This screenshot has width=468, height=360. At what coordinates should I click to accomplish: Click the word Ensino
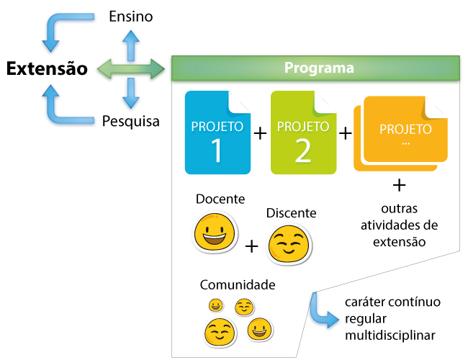[130, 17]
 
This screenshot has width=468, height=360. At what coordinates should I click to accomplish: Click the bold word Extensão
[47, 69]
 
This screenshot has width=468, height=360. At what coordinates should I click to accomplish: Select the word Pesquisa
[130, 120]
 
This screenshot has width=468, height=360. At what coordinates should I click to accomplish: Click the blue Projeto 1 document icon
[217, 133]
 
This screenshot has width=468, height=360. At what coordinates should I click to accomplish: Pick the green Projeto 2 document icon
[303, 133]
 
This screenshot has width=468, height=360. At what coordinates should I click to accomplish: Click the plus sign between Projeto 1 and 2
[260, 133]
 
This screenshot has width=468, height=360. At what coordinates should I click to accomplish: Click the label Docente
[220, 199]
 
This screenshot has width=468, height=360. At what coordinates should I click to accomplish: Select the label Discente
[291, 213]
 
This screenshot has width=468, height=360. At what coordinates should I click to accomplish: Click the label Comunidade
[238, 284]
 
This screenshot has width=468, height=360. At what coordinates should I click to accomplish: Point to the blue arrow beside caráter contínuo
[322, 310]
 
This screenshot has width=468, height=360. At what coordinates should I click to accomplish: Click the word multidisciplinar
[390, 336]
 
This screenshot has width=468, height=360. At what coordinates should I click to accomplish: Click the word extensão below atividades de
[399, 241]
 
